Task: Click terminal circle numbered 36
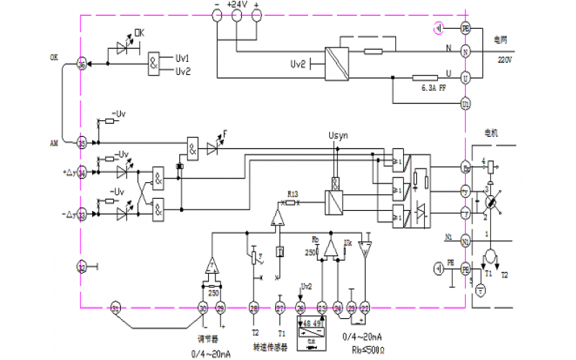pos(81,65)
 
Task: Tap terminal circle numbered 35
pos(81,143)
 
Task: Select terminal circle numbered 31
pos(115,308)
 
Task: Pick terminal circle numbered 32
pos(81,267)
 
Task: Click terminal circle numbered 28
pos(253,308)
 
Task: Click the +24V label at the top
pos(237,4)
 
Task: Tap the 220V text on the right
pos(504,60)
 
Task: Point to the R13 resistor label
pos(292,194)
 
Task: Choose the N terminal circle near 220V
pos(465,52)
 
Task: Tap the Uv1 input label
pos(183,57)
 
